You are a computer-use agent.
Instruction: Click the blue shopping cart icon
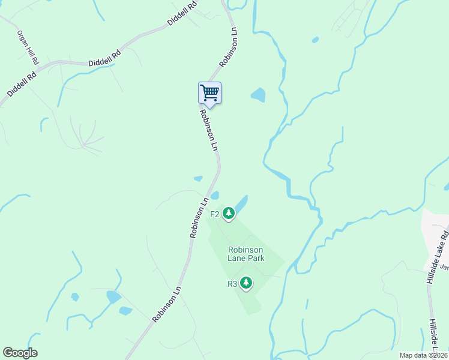tap(209, 93)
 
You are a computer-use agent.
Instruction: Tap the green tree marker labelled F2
tap(228, 213)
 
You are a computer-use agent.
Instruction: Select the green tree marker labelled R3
tap(246, 283)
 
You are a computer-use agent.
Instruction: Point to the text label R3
tap(232, 284)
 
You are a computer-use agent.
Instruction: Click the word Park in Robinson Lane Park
tap(255, 259)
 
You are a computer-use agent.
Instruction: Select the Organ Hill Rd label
tap(28, 48)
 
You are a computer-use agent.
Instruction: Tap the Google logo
tap(20, 353)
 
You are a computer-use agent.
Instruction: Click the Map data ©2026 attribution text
tap(423, 355)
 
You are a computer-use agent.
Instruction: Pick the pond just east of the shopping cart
tap(258, 95)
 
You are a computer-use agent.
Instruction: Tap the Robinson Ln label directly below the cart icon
tap(208, 130)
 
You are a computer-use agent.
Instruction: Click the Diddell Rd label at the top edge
tap(182, 13)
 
